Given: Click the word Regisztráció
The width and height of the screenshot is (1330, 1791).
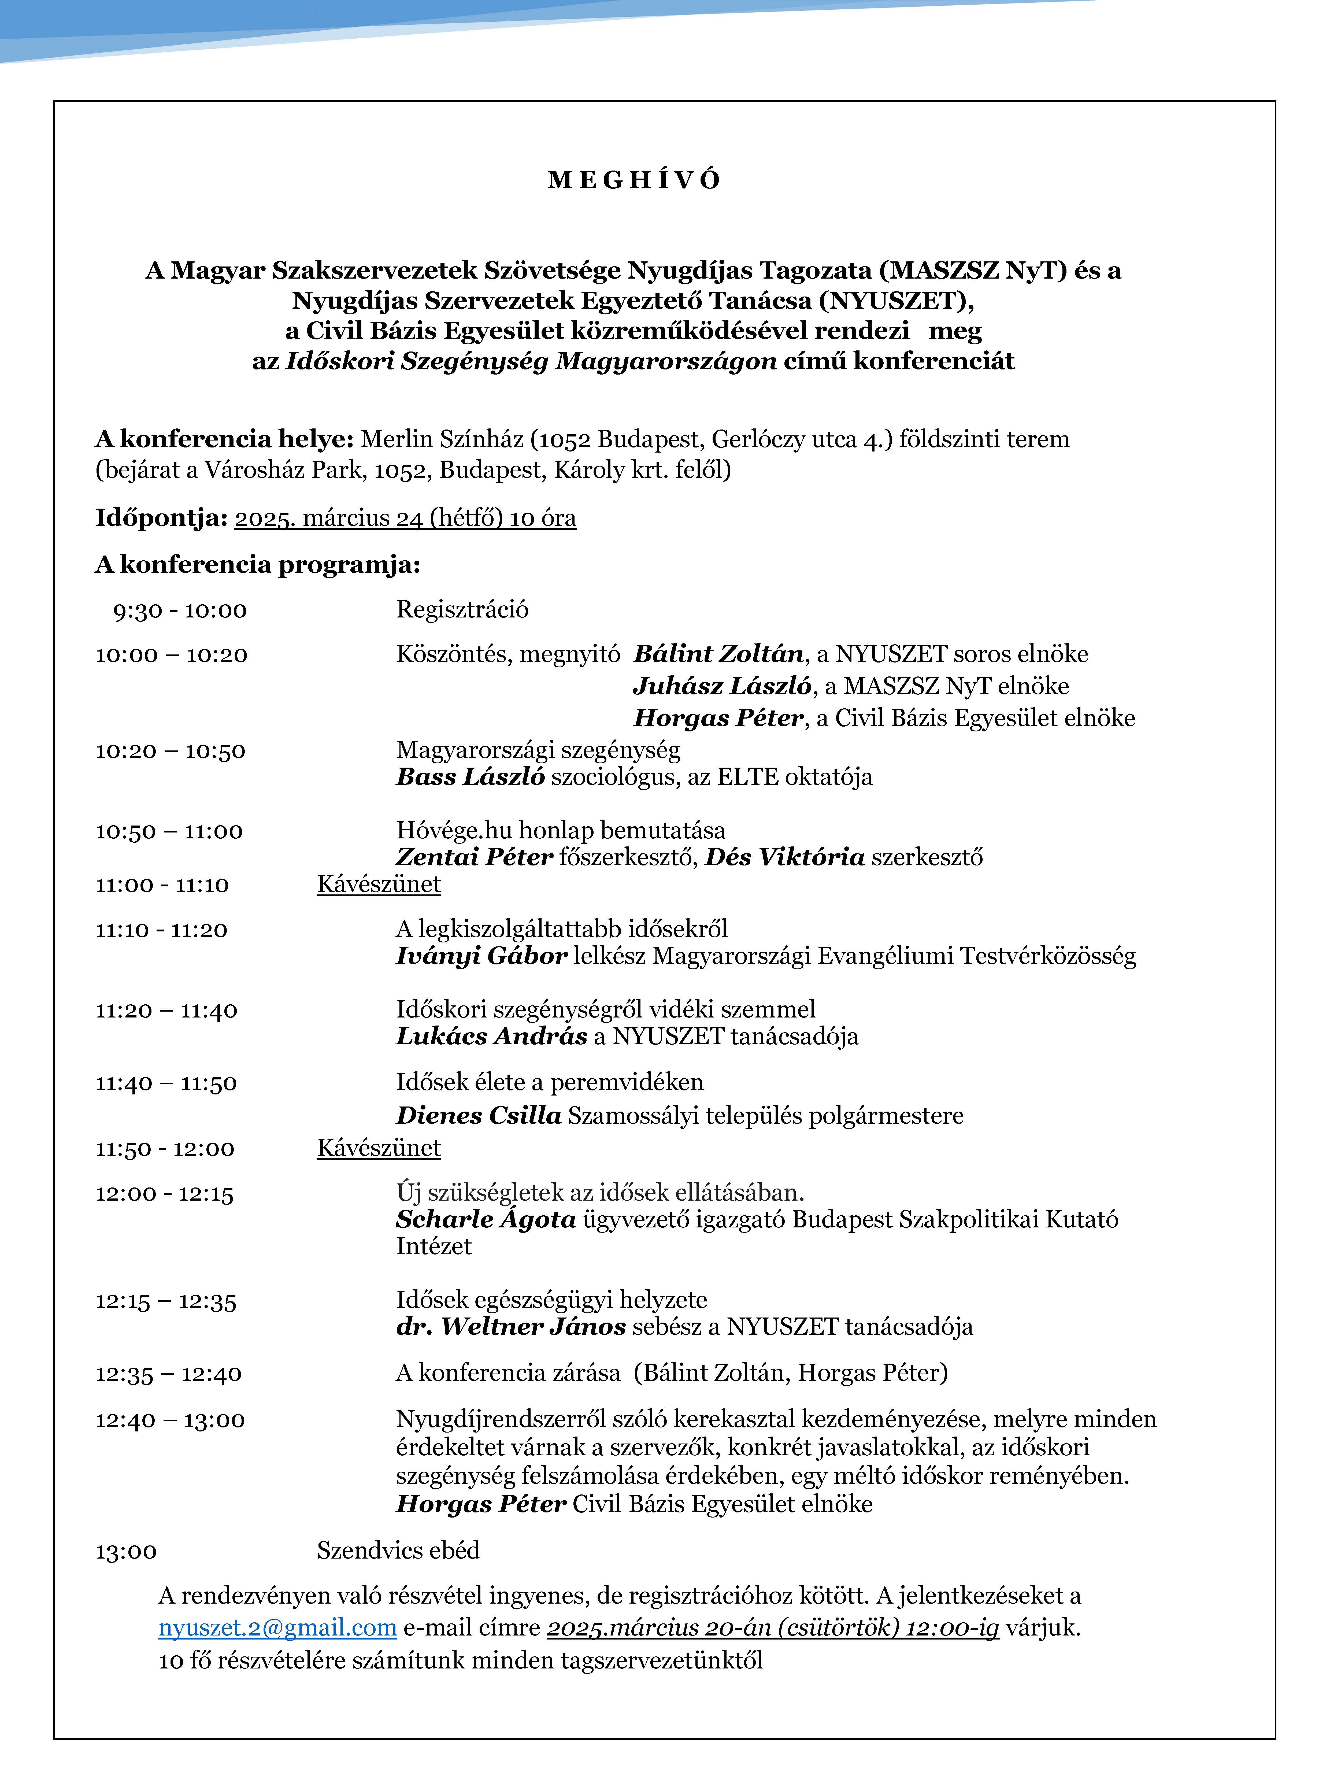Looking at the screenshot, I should tap(462, 609).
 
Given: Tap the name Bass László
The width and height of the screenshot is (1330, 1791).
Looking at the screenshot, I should tap(470, 777).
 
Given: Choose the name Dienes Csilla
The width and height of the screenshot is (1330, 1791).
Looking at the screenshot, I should tap(478, 1116).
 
